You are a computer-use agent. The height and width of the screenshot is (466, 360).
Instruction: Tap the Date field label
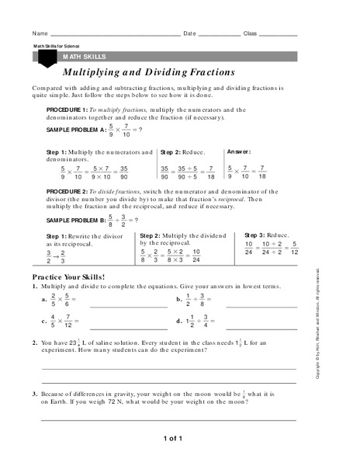(190, 34)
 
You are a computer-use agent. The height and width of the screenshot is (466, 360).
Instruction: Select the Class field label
(250, 34)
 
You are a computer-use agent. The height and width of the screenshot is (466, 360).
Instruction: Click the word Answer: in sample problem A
(238, 151)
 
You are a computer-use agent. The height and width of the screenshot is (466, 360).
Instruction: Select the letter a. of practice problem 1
(44, 299)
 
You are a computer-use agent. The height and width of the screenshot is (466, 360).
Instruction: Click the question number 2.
(35, 342)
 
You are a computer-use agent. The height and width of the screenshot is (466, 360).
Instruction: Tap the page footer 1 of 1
(172, 439)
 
